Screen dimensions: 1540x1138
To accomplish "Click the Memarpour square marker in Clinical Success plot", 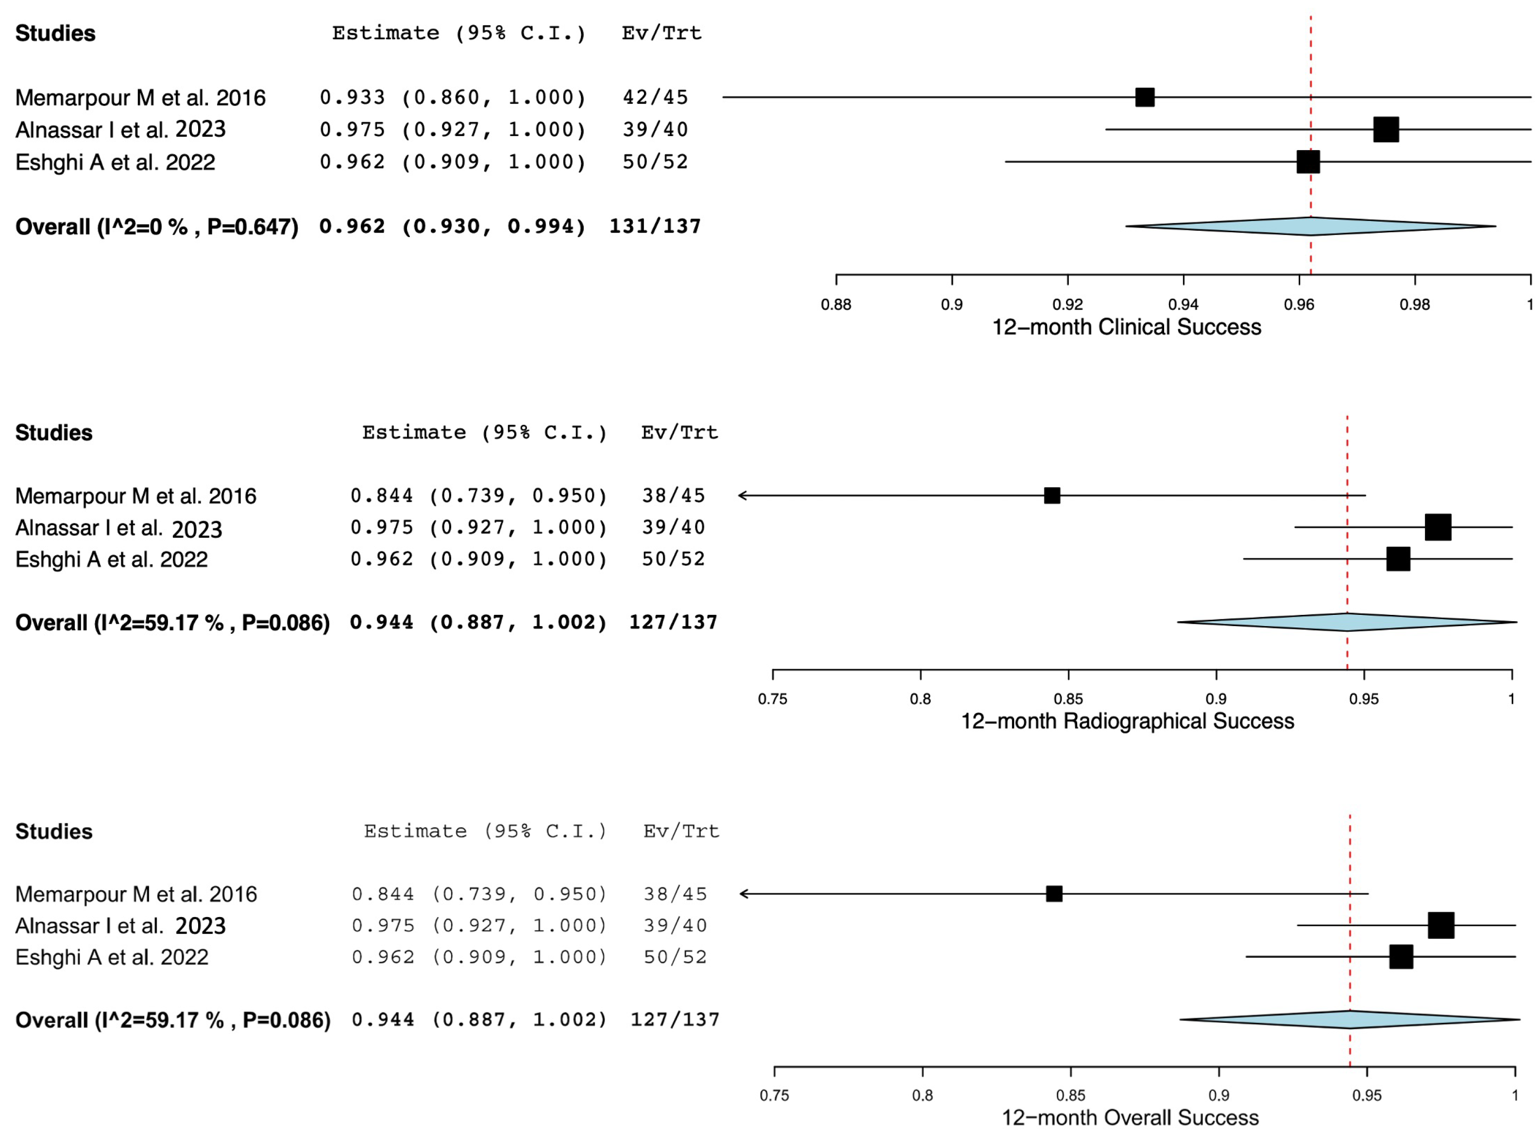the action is pos(1145,97).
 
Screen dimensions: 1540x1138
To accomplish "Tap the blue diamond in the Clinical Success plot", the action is pos(1311,226).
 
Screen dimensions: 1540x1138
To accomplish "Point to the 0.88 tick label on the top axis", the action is pos(836,305).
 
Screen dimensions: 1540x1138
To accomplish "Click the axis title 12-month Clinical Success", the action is pos(1126,327).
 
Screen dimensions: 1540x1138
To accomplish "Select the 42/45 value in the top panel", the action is pos(655,97).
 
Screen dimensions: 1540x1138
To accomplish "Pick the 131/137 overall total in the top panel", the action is pos(655,226).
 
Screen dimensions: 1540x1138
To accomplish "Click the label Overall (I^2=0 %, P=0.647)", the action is pos(157,227).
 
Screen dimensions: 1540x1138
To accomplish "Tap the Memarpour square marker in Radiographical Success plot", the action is pos(1052,495).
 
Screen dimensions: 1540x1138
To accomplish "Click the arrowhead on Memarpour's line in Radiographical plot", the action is pos(743,495).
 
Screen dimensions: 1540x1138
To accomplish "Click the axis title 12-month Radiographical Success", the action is pos(1128,721).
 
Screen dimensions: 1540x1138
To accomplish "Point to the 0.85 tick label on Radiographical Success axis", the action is pos(1068,699).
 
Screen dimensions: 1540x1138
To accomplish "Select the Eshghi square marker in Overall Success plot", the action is pos(1401,957).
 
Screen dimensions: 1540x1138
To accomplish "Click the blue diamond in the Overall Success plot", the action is pos(1350,1019).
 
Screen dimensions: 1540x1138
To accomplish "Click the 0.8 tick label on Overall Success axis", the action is pos(923,1095).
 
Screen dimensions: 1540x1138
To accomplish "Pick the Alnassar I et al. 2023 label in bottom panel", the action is pos(120,926).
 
